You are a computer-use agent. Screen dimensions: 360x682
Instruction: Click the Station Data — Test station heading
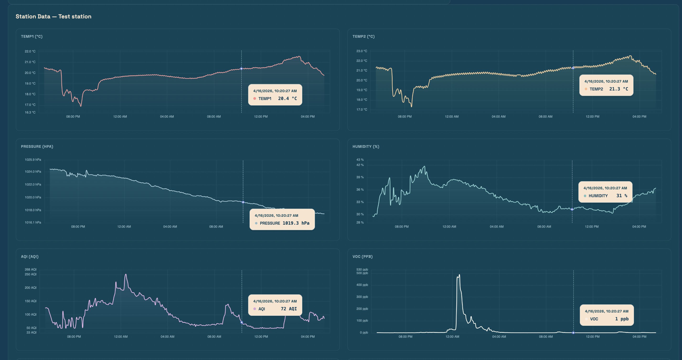53,16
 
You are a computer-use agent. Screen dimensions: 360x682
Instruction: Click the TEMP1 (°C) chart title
32,37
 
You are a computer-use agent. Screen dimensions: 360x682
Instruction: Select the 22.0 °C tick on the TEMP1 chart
30,51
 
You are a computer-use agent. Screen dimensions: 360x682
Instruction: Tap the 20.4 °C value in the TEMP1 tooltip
287,98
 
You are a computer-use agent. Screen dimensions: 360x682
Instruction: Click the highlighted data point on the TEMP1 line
241,69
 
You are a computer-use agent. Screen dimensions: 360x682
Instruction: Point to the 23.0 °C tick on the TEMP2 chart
362,51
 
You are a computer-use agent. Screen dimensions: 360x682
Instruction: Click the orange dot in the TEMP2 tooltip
586,89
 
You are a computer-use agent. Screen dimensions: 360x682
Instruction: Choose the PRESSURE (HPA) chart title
37,147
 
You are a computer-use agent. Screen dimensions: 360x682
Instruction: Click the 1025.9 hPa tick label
33,160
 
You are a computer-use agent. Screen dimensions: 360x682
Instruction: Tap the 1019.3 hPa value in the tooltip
296,223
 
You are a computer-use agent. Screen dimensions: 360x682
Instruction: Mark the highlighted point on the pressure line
243,202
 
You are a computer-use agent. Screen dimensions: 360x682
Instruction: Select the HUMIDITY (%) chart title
366,147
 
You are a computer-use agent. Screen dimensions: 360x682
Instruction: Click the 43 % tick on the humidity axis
360,160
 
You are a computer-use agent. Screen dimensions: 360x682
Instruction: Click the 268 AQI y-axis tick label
31,270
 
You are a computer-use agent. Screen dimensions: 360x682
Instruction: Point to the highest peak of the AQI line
126,275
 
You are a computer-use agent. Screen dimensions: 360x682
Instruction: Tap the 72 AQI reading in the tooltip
288,309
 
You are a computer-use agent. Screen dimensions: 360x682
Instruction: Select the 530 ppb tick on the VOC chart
362,270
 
